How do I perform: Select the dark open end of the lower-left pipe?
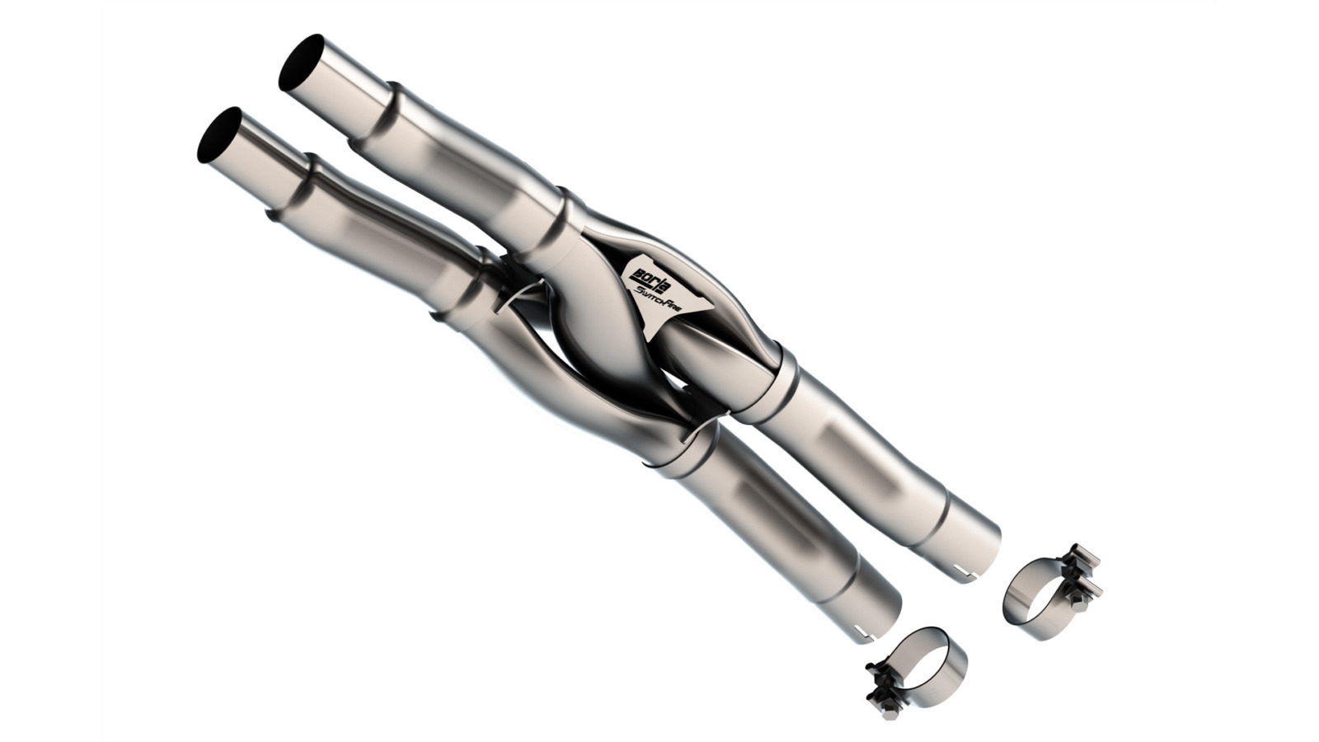click(x=218, y=135)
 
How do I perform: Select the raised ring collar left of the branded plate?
click(x=569, y=218)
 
